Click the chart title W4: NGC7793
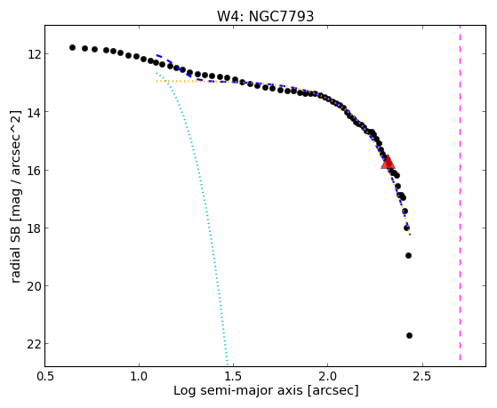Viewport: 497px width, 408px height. [265, 17]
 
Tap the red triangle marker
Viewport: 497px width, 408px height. [388, 162]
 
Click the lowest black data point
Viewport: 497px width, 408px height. [409, 335]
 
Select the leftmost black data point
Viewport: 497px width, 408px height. [72, 47]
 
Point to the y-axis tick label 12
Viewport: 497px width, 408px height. [34, 54]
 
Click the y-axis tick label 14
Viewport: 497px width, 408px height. [34, 112]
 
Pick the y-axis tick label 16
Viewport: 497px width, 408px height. [34, 171]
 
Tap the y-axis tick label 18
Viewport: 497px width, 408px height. [34, 228]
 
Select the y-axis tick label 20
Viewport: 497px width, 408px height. [34, 286]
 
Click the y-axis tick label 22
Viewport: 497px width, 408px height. [34, 344]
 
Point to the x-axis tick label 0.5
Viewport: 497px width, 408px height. [44, 376]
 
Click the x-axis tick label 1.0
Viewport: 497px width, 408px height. [139, 376]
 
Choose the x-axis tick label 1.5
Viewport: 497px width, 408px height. [233, 376]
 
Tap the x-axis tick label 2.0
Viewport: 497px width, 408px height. [328, 376]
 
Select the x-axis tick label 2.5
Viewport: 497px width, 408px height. [422, 376]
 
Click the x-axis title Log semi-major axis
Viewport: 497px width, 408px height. [238, 390]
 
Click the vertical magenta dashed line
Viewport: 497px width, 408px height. [460, 194]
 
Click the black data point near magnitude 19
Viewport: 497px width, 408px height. [408, 255]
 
